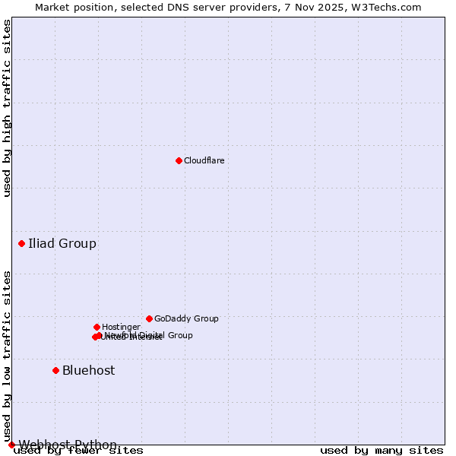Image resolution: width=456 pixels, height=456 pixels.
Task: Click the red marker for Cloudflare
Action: tap(179, 160)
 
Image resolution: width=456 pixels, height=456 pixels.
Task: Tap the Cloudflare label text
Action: tap(204, 160)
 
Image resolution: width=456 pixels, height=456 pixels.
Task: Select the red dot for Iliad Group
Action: tap(21, 243)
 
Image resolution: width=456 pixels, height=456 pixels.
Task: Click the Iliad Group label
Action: tap(62, 244)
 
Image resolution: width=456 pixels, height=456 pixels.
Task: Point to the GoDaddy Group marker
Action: tap(149, 318)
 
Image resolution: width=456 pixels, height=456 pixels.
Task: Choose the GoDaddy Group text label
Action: tap(186, 319)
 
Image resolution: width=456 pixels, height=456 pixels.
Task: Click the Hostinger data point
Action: tap(97, 327)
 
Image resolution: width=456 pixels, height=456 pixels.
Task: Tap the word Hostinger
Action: tap(121, 328)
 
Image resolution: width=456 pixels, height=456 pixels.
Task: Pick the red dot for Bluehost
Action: tap(55, 370)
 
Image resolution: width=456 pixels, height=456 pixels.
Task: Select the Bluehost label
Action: tap(89, 371)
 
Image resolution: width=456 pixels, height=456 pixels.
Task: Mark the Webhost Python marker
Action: tap(11, 445)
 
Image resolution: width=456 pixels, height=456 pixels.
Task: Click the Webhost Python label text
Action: tap(68, 445)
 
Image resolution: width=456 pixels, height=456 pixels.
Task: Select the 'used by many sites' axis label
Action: tap(382, 451)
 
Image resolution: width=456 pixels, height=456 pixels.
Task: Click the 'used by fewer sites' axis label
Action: tap(78, 451)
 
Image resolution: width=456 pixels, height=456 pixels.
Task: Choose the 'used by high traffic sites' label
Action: tap(7, 108)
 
